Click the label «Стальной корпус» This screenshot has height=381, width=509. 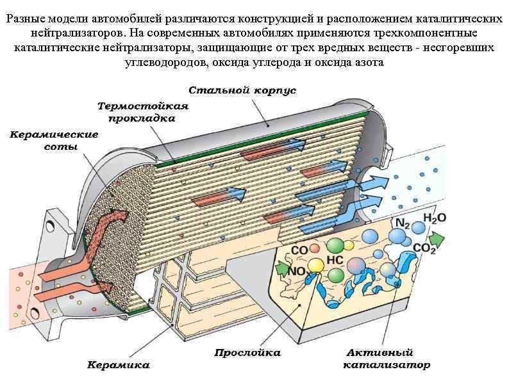pyautogui.click(x=242, y=90)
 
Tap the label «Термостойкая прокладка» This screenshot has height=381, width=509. pyautogui.click(x=142, y=111)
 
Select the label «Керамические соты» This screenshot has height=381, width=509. pyautogui.click(x=54, y=140)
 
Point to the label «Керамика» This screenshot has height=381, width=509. pyautogui.click(x=118, y=365)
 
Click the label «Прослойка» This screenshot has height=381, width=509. pyautogui.click(x=247, y=352)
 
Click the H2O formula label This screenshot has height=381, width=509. pyautogui.click(x=433, y=218)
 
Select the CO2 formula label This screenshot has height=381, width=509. pyautogui.click(x=424, y=248)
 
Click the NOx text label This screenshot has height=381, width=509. pyautogui.click(x=297, y=270)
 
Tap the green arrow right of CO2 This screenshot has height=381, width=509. pyautogui.click(x=437, y=238)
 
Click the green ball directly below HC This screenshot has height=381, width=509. pyautogui.click(x=336, y=275)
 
